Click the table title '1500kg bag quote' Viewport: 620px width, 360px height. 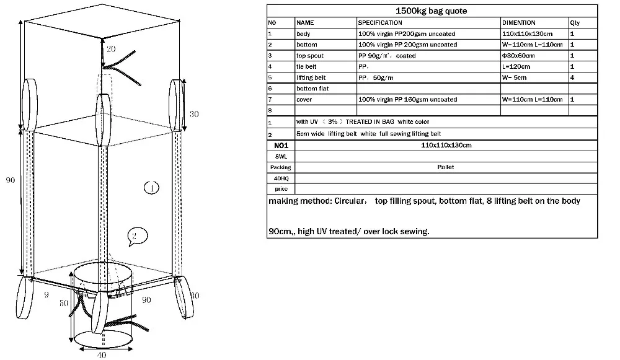coord(432,11)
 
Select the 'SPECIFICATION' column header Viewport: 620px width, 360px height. coord(380,23)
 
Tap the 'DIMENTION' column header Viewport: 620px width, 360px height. coord(519,23)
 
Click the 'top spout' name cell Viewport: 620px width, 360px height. coord(309,56)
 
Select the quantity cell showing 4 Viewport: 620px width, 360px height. coord(572,77)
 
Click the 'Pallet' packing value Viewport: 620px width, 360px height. coord(446,167)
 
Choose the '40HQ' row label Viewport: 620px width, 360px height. coord(280,178)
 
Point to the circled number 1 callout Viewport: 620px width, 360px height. coord(151,187)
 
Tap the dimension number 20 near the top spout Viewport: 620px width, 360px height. coord(110,49)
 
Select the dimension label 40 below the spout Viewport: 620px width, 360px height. coord(101,355)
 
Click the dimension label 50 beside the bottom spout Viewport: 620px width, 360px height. coord(63,304)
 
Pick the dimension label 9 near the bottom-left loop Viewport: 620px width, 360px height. coord(46,295)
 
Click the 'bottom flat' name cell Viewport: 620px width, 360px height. coord(312,89)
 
